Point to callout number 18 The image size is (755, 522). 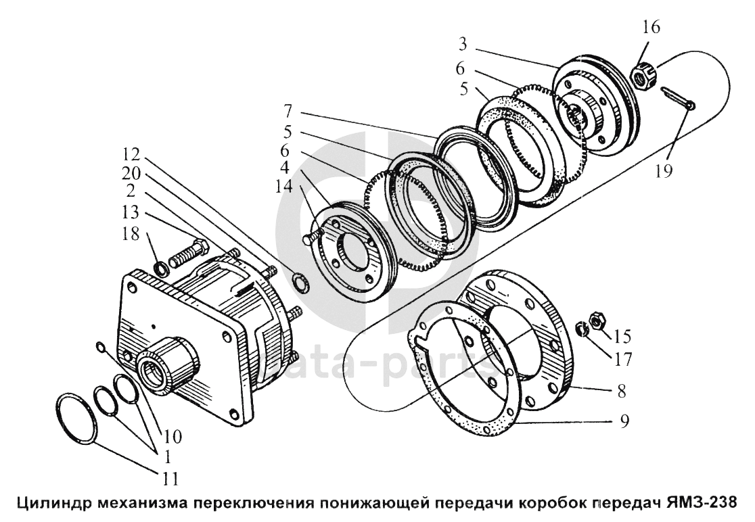tap(131, 233)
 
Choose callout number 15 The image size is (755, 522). tap(622, 337)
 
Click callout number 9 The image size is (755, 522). tap(624, 422)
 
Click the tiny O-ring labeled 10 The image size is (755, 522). tap(100, 348)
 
